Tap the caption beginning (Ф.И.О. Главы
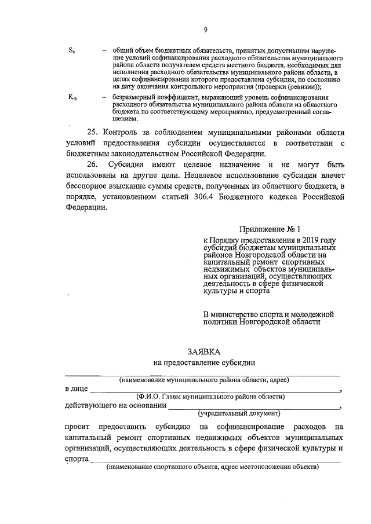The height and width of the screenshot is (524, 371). tap(210, 397)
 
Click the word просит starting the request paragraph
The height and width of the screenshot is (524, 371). tap(78, 427)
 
